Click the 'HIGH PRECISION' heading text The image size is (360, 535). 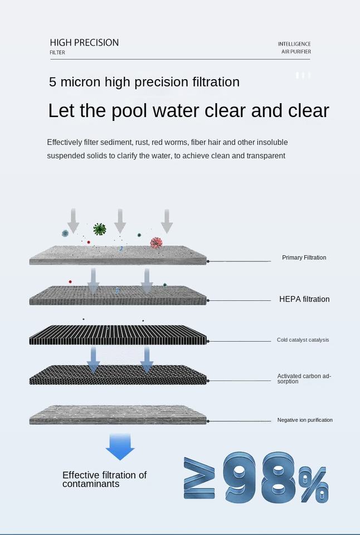click(84, 42)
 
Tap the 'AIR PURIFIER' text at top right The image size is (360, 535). click(296, 52)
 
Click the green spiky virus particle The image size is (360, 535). click(100, 229)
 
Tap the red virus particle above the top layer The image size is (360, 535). click(157, 243)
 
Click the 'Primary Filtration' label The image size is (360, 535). click(304, 257)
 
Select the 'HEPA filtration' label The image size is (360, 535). click(304, 299)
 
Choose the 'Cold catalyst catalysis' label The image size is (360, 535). click(303, 340)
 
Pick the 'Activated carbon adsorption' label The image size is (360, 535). click(304, 378)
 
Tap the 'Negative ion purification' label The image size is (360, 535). click(305, 420)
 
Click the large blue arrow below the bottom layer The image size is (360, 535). click(120, 447)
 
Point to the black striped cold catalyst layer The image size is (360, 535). click(118, 335)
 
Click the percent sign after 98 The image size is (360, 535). click(314, 484)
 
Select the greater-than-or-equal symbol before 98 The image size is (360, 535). click(199, 478)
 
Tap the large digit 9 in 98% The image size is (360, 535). click(239, 478)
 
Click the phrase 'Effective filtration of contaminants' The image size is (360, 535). click(104, 479)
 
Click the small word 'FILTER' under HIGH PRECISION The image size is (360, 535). click(57, 52)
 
